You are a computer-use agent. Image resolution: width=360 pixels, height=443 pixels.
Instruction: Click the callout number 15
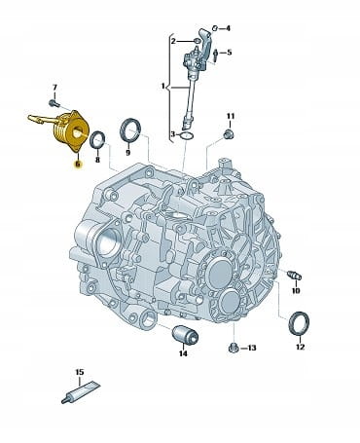(80, 372)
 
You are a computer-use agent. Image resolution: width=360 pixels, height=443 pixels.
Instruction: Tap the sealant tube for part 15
(81, 392)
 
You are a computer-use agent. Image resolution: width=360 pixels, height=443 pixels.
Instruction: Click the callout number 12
(301, 347)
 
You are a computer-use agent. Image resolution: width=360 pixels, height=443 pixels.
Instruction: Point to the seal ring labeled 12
(299, 323)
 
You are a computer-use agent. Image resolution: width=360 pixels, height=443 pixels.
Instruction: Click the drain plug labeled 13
(234, 348)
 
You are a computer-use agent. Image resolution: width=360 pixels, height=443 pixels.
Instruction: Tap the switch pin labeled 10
(295, 276)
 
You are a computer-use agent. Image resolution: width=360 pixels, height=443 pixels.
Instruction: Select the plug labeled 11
(230, 133)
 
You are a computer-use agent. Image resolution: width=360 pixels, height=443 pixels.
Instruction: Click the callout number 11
(231, 116)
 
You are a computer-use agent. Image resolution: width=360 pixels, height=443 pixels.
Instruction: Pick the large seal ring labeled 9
(130, 130)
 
